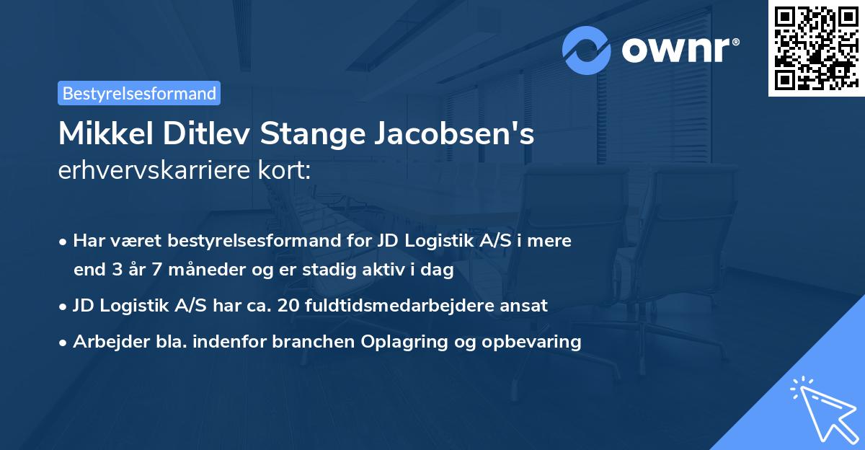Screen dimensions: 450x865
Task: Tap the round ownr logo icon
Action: pos(587,50)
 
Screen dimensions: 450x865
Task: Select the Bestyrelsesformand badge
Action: pos(139,93)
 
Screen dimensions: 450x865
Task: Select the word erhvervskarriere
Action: pos(151,170)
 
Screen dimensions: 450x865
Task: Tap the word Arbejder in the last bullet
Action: pos(105,342)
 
